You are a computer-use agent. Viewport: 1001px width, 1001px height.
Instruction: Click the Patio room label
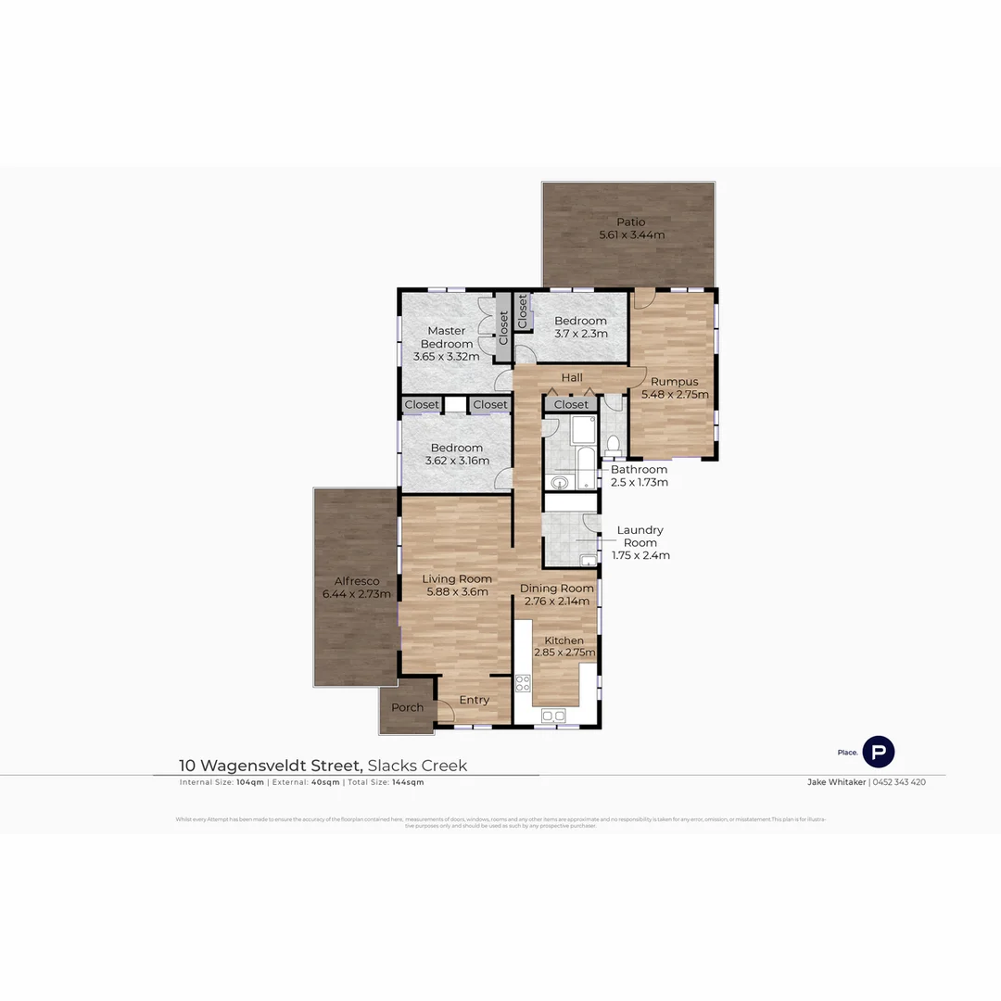[631, 222]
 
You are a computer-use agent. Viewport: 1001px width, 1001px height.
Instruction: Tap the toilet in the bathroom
[612, 446]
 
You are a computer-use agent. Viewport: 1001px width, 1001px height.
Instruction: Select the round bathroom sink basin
[556, 482]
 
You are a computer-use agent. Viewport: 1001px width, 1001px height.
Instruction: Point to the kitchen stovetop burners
[523, 684]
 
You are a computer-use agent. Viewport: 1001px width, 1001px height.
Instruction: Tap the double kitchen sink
[553, 715]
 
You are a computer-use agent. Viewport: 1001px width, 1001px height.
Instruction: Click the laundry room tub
[587, 559]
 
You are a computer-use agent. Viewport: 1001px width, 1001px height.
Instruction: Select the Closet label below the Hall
[571, 405]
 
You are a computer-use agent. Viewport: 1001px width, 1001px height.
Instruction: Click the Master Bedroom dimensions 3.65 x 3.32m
[446, 357]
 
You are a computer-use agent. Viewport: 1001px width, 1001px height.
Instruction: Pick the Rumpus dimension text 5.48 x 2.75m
[675, 395]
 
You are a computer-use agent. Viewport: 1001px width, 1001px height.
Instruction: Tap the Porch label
[407, 708]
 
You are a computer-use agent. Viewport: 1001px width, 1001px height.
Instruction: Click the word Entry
[474, 700]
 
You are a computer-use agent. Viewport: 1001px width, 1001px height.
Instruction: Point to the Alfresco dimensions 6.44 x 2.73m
[356, 594]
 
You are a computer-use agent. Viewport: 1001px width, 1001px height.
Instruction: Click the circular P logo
[878, 752]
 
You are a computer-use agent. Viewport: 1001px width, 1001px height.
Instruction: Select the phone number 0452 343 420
[899, 782]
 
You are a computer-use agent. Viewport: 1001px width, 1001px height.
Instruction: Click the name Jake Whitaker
[836, 782]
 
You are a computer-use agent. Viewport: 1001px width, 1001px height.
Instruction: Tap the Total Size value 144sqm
[408, 782]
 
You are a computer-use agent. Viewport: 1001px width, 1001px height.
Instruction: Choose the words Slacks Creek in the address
[417, 766]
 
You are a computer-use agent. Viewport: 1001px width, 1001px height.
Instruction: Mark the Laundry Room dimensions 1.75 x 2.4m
[640, 556]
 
